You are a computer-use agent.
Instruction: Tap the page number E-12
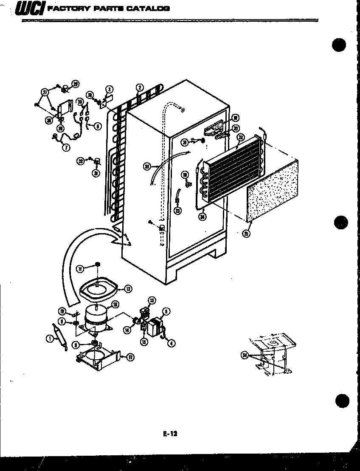click(x=169, y=434)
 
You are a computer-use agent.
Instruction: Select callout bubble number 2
click(x=139, y=88)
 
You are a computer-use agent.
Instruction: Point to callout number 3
click(x=110, y=89)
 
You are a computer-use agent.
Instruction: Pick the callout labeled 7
click(x=67, y=147)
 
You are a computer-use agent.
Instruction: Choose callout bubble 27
click(x=45, y=91)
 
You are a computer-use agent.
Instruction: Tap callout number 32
click(x=80, y=161)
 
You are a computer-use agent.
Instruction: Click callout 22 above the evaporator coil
click(x=241, y=137)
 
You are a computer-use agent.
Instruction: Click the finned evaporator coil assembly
click(x=231, y=170)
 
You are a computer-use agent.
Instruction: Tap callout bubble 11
click(x=79, y=268)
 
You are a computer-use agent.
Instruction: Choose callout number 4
click(x=172, y=343)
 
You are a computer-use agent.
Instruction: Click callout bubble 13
click(x=152, y=300)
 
